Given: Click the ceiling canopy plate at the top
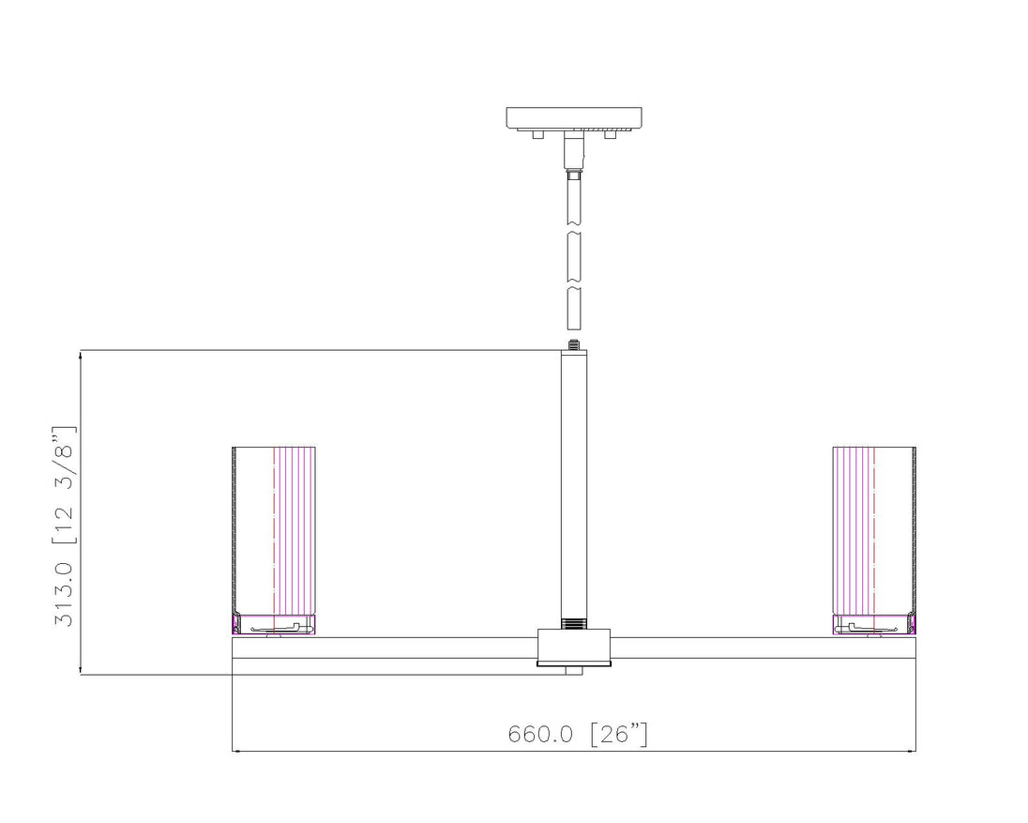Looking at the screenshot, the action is (x=574, y=118).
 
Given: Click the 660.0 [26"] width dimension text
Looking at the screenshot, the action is (x=578, y=733).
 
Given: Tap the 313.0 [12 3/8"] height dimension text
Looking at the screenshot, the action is (x=64, y=526).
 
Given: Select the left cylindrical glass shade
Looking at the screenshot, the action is (x=274, y=530).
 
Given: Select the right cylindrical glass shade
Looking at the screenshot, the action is (x=874, y=530).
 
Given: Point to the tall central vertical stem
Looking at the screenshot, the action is (x=574, y=484).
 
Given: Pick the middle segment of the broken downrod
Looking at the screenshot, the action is (x=574, y=258).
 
